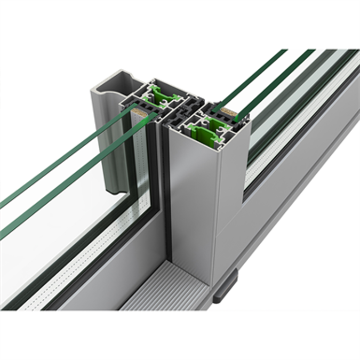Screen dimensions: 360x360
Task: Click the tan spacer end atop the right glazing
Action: pos(230,111)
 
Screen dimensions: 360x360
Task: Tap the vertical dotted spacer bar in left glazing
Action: pos(141,160)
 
